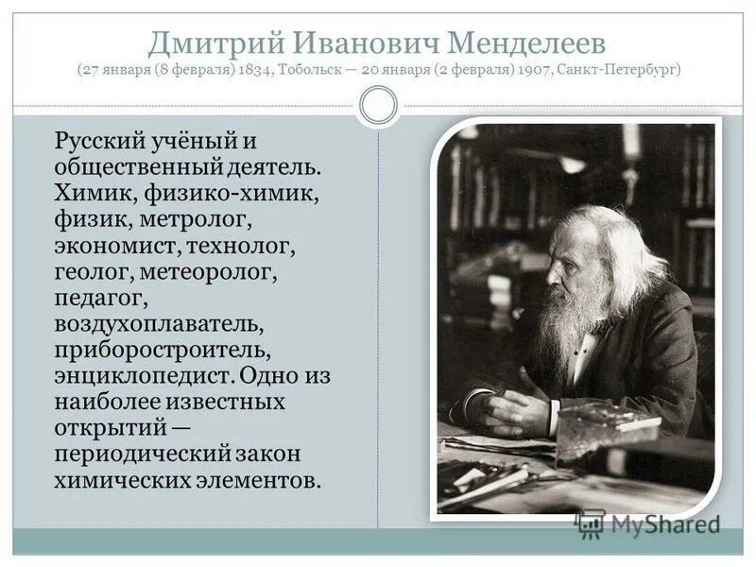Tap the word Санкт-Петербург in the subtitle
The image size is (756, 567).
tap(617, 70)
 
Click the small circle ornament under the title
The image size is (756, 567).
tap(378, 106)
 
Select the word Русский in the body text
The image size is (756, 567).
tap(101, 143)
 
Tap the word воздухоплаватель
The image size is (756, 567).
tap(158, 325)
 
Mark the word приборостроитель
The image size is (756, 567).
tap(163, 351)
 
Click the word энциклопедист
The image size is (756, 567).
tap(143, 376)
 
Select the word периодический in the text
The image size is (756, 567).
tap(142, 454)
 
